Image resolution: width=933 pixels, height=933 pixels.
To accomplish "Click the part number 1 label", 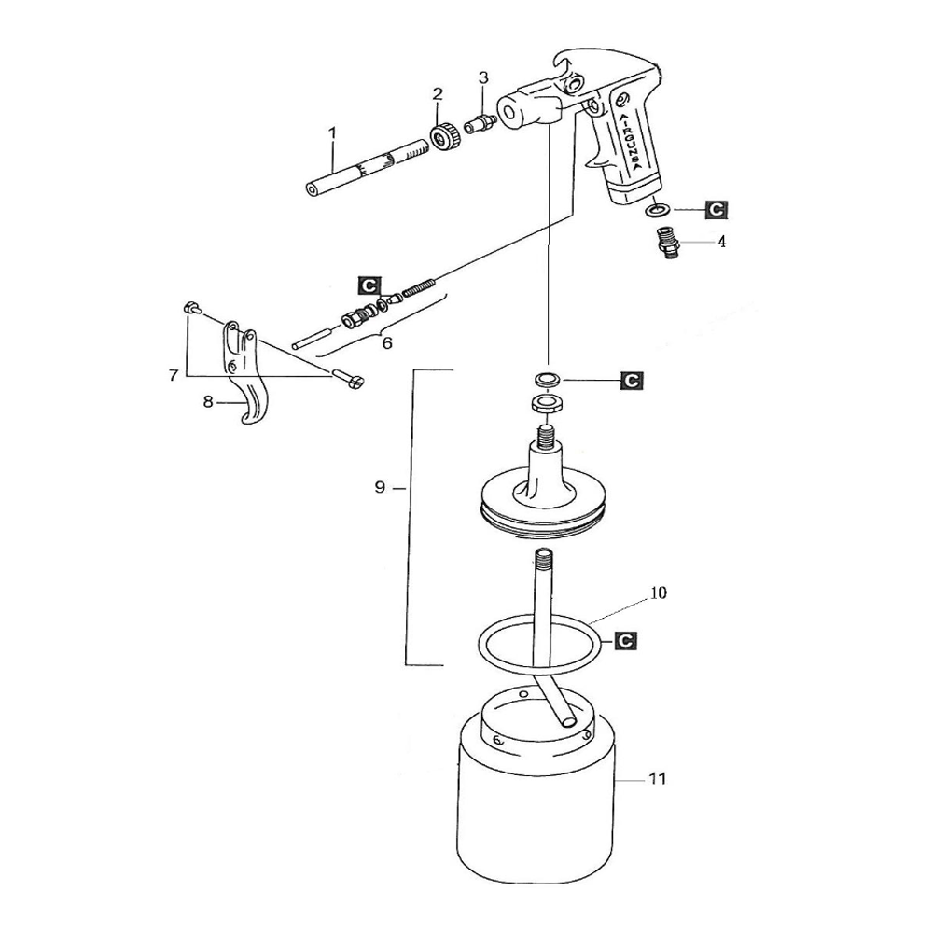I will pyautogui.click(x=331, y=133).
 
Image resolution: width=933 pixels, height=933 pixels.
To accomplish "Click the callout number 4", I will pyautogui.click(x=721, y=241).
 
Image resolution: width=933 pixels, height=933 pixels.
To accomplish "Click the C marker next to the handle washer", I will pyautogui.click(x=716, y=210).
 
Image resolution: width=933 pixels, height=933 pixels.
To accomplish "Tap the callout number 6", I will pyautogui.click(x=387, y=342).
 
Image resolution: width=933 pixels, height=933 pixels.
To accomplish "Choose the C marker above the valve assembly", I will pyautogui.click(x=369, y=283).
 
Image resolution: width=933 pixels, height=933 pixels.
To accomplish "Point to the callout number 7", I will pyautogui.click(x=173, y=375).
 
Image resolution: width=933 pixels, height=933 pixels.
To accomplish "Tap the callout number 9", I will pyautogui.click(x=381, y=488).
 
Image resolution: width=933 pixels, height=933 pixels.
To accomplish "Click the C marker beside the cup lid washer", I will pyautogui.click(x=632, y=381).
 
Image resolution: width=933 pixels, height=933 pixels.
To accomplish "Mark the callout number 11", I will pyautogui.click(x=658, y=778).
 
